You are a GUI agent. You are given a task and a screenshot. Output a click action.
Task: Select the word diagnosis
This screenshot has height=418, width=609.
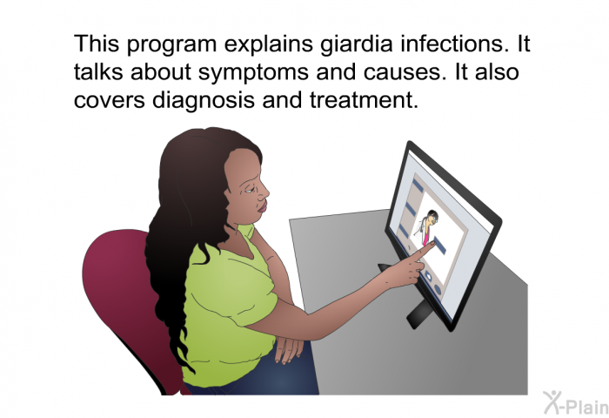point(204,100)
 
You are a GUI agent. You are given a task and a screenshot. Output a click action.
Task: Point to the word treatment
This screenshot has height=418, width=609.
point(365,100)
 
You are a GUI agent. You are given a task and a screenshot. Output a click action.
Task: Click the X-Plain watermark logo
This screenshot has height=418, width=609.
point(576,403)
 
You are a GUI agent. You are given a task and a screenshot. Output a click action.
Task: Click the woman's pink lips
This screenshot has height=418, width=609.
point(263,206)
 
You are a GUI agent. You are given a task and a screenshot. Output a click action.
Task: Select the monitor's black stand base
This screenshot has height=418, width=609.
point(418,313)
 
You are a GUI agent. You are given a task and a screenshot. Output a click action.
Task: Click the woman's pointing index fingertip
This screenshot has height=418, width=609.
point(432,244)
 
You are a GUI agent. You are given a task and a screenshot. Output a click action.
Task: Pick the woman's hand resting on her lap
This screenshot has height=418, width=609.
point(290,349)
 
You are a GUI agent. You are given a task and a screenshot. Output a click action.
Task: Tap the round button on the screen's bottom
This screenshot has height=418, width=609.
point(438,290)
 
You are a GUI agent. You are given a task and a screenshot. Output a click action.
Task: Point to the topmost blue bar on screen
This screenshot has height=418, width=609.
point(418,185)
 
